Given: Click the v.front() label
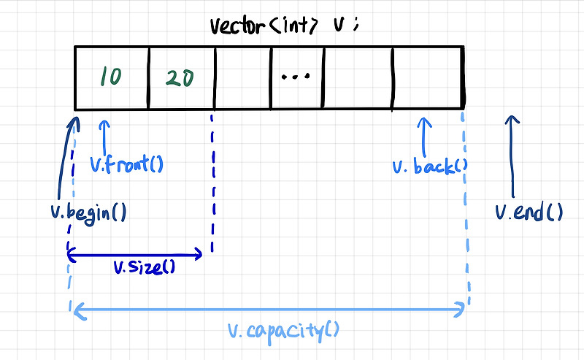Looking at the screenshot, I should click(126, 165).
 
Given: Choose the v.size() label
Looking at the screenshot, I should click(145, 267).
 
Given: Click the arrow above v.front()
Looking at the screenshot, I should click(107, 135).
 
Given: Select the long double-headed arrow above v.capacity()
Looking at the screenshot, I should click(269, 311).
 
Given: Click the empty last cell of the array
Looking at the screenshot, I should click(427, 78).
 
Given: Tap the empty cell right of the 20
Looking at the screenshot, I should click(242, 78).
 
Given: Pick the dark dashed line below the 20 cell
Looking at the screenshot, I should click(212, 183).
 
